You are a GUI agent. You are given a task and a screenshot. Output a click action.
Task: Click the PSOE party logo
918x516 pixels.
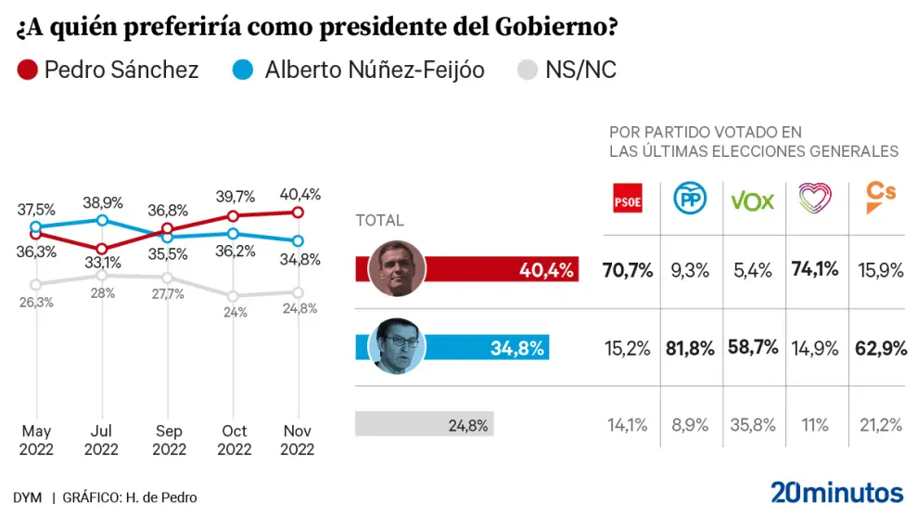coord(628,199)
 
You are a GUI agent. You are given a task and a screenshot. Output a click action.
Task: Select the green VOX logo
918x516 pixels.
coord(752,200)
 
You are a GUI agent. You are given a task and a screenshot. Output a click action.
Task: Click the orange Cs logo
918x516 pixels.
coord(879,197)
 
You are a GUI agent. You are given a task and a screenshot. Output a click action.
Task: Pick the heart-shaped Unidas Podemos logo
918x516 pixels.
coord(815,199)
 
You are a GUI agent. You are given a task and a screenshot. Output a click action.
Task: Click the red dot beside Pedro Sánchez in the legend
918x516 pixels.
coord(27,70)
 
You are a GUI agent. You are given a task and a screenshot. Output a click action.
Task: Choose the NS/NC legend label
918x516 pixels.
coord(581,70)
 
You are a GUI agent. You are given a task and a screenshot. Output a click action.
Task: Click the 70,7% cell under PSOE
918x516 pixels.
coord(628,270)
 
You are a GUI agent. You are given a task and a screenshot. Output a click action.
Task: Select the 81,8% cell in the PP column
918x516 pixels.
coord(689,348)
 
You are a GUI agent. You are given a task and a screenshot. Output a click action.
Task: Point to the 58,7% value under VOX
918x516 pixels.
coord(752,348)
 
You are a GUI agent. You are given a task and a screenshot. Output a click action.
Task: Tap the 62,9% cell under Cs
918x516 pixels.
coord(878,348)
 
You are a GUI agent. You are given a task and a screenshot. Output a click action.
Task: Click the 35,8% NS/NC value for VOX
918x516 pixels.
coord(752,425)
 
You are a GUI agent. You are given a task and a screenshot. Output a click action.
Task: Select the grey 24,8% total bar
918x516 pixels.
coord(425,425)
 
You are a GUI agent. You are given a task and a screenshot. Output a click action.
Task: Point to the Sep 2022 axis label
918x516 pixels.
coord(168,440)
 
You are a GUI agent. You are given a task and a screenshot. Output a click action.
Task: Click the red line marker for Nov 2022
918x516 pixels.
coord(298,212)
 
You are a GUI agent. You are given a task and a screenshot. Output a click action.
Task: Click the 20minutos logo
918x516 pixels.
coord(836,491)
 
